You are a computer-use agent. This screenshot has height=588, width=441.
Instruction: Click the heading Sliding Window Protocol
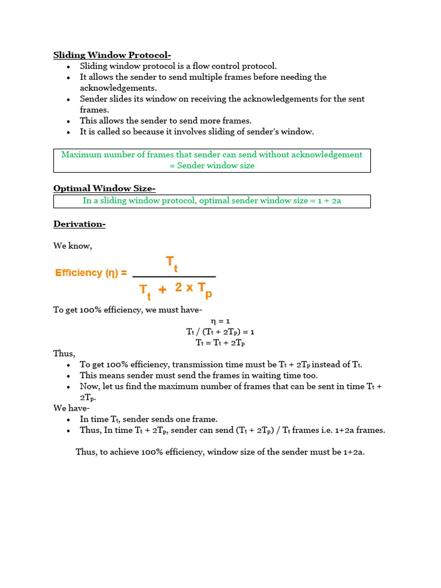click(x=112, y=55)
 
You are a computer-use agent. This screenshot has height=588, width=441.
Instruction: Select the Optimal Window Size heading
click(x=105, y=188)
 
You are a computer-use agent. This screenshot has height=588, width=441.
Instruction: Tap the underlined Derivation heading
click(x=79, y=224)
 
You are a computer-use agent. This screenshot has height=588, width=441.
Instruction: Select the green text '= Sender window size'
click(x=212, y=165)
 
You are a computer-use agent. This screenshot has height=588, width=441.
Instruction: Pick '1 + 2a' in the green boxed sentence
click(x=329, y=201)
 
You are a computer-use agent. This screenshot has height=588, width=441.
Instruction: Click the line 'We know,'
click(x=72, y=246)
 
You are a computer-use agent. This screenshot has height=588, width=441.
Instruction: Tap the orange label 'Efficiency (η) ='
click(x=91, y=273)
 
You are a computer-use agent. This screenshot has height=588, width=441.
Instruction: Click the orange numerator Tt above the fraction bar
click(x=172, y=264)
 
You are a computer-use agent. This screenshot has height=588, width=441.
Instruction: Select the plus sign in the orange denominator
click(x=163, y=290)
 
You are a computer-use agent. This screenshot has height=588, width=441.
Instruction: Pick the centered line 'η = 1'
click(x=220, y=321)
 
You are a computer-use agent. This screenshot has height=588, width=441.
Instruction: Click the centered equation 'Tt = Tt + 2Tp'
click(x=220, y=343)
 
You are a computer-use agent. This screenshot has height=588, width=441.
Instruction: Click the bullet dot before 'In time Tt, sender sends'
click(x=68, y=420)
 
